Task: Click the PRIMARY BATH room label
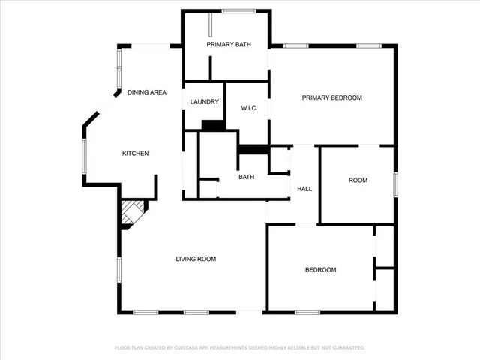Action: coord(229,45)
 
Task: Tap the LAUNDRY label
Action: coord(204,102)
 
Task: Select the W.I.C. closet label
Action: coord(250,108)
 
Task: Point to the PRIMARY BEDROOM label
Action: coord(332,98)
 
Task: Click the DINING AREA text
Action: coord(147,92)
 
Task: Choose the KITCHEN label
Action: coord(136,154)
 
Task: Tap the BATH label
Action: coord(247,178)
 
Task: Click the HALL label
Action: coord(304,189)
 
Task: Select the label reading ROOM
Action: coord(358,181)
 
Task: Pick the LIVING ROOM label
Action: coord(196,259)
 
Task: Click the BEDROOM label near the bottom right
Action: coord(320,270)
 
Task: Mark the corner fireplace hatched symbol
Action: coord(133,212)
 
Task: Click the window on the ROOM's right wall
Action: coord(395,184)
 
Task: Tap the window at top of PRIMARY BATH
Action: coord(238,11)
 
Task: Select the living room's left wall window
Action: coord(118,268)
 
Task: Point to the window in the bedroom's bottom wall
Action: coord(307,312)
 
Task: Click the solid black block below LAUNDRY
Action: coord(213,125)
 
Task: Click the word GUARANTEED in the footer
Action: coord(348,348)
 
